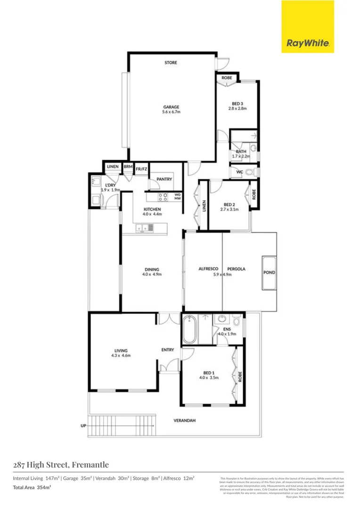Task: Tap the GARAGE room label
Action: click(171, 107)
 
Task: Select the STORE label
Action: click(171, 63)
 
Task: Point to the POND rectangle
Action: click(269, 272)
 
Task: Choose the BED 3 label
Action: click(237, 103)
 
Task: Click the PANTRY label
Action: click(164, 179)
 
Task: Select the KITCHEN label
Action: click(153, 209)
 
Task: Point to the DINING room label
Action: click(152, 270)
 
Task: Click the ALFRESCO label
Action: click(207, 269)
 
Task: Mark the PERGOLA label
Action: click(237, 269)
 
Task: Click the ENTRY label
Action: click(167, 350)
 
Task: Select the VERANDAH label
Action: click(184, 420)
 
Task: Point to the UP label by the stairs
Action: click(83, 426)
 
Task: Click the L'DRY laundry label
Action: click(110, 185)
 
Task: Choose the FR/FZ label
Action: click(141, 168)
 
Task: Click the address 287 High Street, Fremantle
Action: click(61, 465)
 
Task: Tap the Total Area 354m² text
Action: click(32, 487)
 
